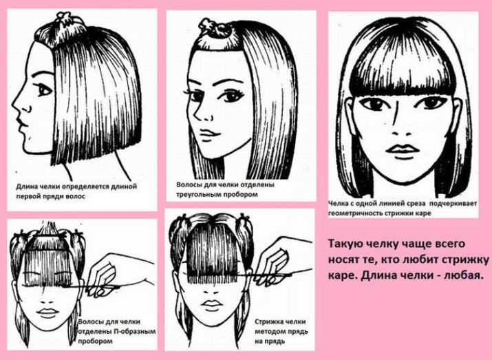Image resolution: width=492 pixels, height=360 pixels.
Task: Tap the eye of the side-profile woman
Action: click(44, 90)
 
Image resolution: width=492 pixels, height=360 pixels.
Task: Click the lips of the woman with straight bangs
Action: click(402, 149)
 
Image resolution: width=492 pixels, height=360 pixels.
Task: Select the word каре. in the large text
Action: click(343, 276)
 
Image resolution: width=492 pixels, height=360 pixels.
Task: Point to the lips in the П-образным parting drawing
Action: click(47, 313)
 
